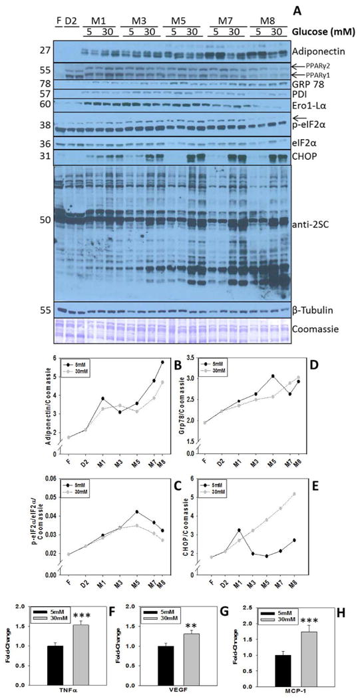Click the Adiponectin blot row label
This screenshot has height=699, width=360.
320,51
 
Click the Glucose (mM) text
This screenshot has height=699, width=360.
325,31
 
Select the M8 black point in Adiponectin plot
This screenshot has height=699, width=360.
162,362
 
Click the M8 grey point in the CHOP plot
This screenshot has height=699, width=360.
331,494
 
